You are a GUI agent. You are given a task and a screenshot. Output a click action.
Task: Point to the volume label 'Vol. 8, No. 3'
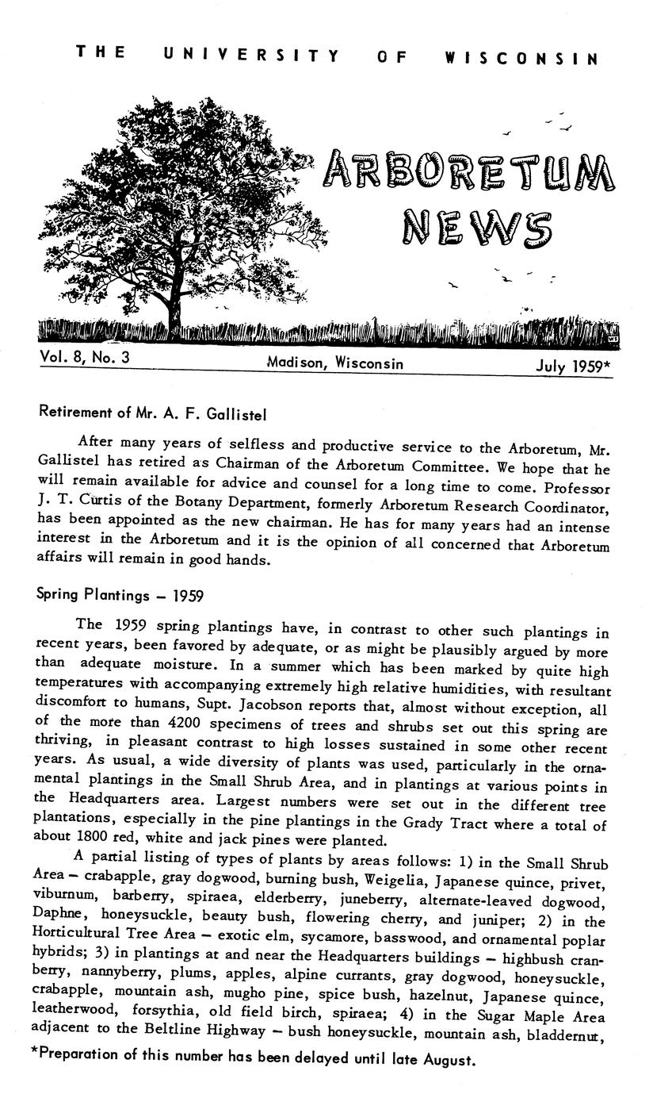point(85,358)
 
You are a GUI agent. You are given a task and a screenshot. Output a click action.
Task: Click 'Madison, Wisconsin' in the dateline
point(335,363)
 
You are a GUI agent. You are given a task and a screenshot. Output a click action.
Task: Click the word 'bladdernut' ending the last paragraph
point(575,1035)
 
